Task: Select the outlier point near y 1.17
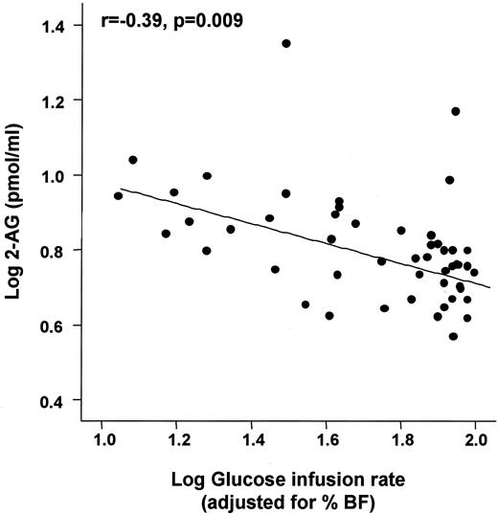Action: [456, 111]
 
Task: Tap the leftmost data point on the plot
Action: [118, 195]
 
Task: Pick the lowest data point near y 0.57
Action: [453, 336]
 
